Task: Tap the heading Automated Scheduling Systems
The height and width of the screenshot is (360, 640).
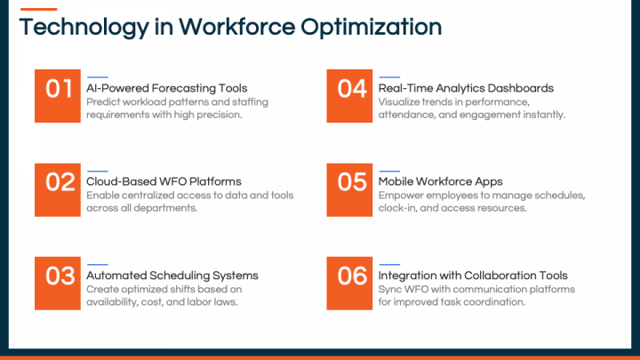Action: [172, 275]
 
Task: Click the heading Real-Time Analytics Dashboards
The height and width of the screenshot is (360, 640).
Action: [466, 88]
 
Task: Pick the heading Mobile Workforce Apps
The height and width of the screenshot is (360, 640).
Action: [440, 181]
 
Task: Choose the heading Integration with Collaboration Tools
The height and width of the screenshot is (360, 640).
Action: [473, 275]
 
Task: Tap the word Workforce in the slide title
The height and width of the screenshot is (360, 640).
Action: [235, 28]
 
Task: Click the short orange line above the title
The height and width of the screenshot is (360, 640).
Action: [38, 10]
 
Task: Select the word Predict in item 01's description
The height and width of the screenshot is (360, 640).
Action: [102, 102]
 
